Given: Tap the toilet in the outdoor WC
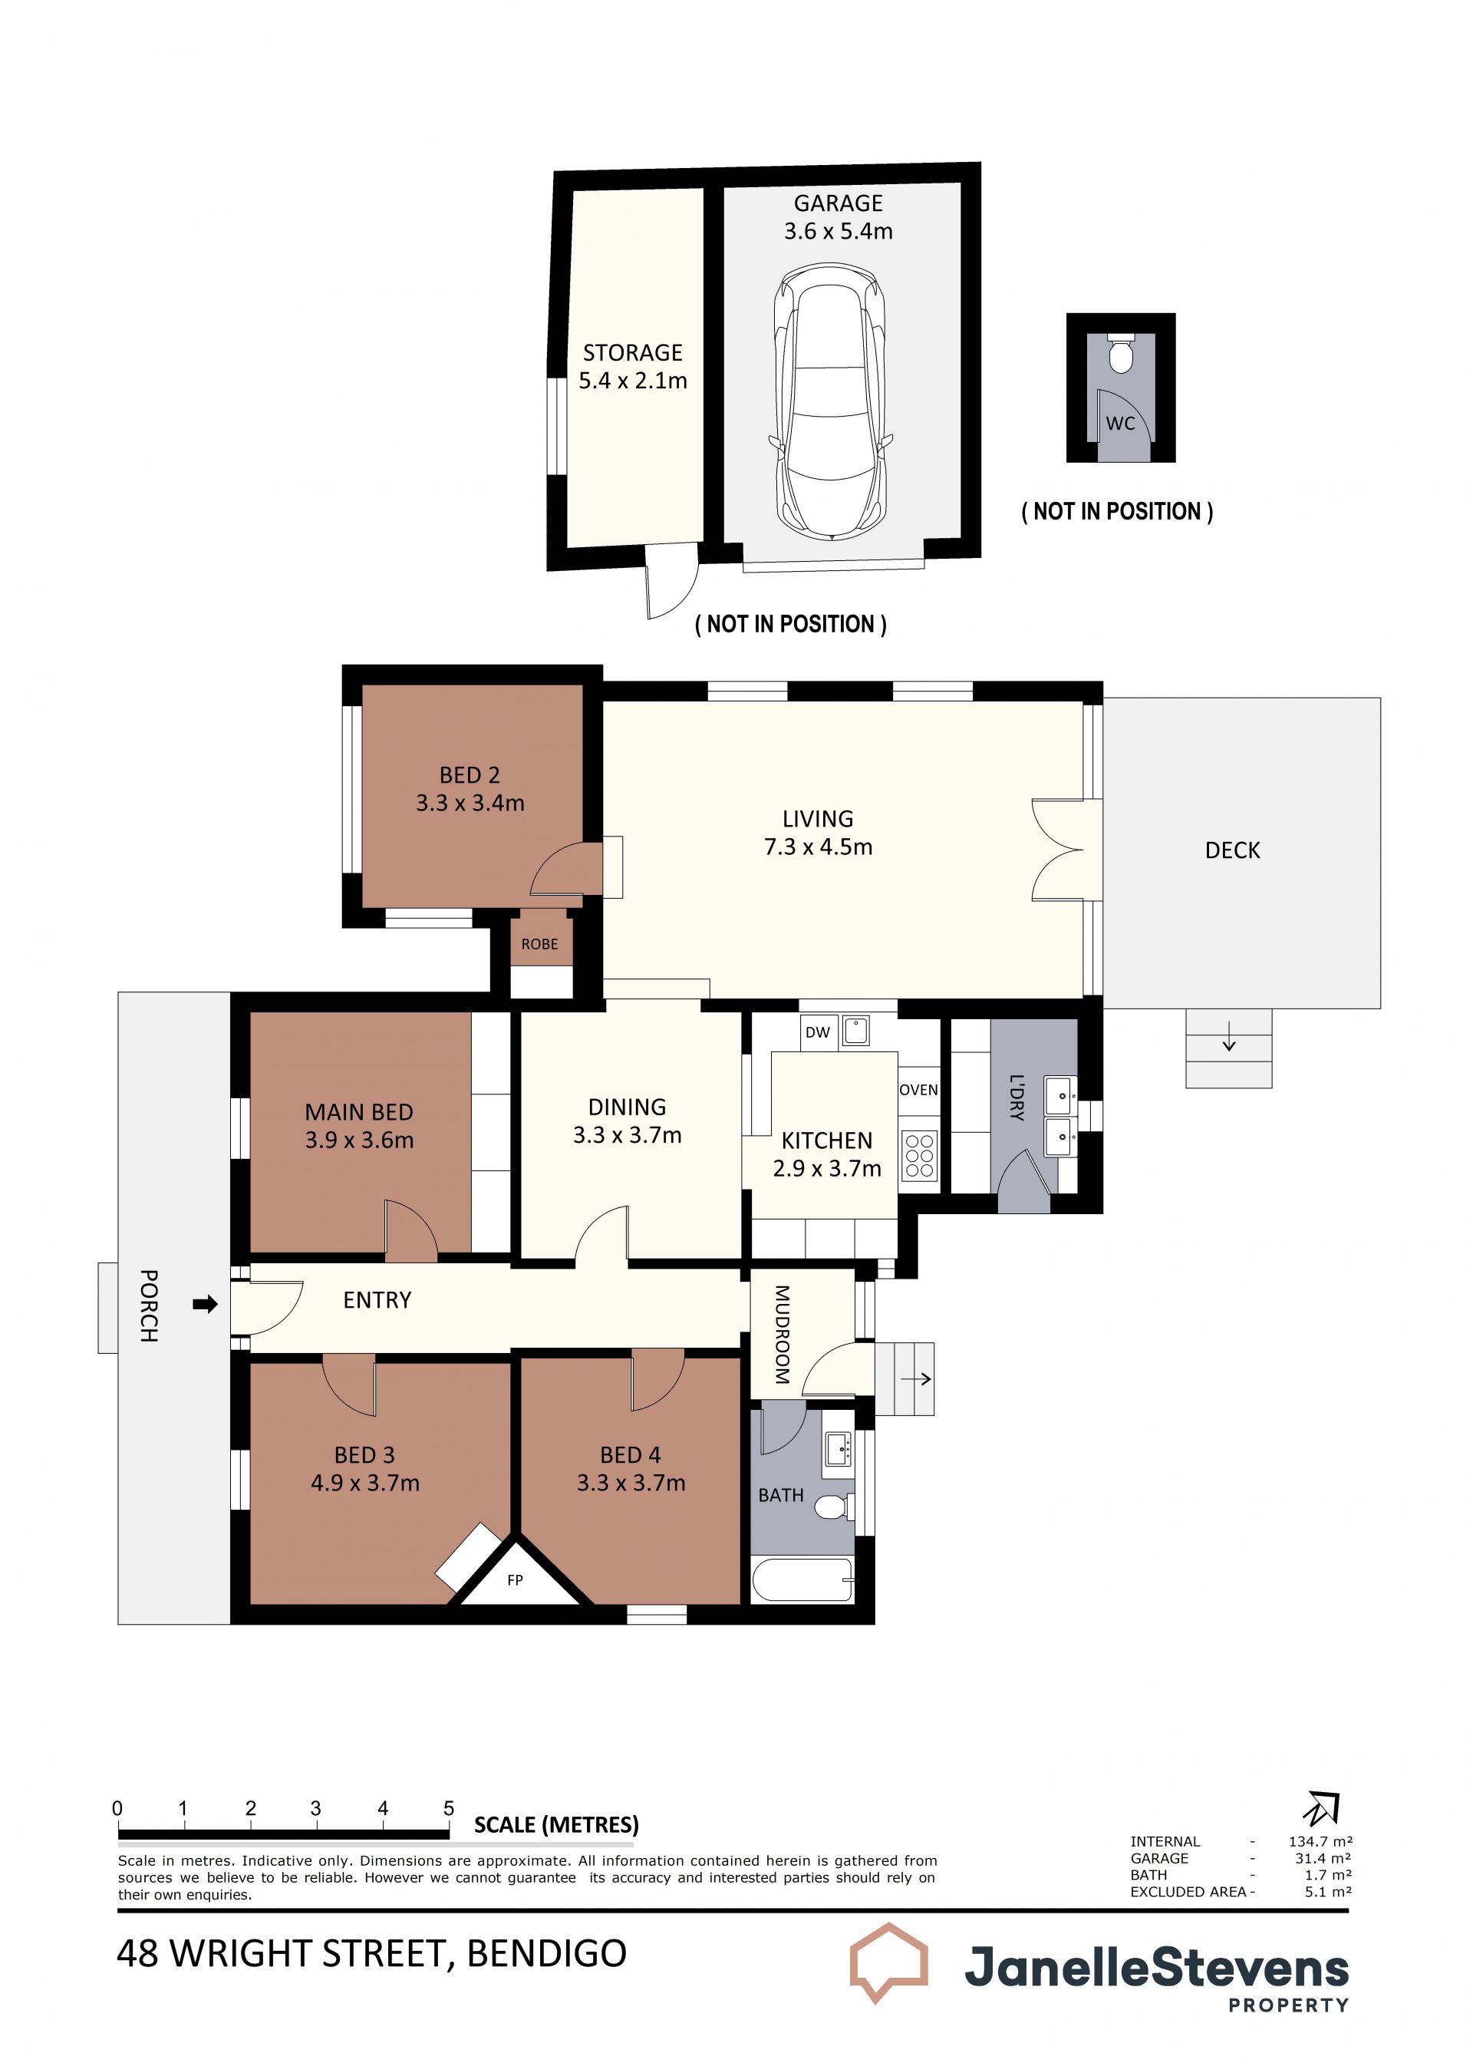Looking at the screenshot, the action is pos(1122,353).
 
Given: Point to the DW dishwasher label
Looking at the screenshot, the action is pos(817,1032).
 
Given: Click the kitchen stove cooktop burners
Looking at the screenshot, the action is pos(920,1156).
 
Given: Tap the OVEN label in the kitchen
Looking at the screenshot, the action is pos(919,1090).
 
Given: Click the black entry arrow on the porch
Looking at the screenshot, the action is pos(206,1305).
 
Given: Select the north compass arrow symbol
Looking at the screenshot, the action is pos(1322,1808).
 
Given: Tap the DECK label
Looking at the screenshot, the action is pos(1233,850).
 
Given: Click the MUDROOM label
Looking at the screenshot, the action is pos(782,1335).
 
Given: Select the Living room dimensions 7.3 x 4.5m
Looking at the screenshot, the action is pos(818,847).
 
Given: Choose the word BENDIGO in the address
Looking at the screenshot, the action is pos(546,1953).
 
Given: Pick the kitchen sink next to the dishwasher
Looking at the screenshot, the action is pos(855,1031).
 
